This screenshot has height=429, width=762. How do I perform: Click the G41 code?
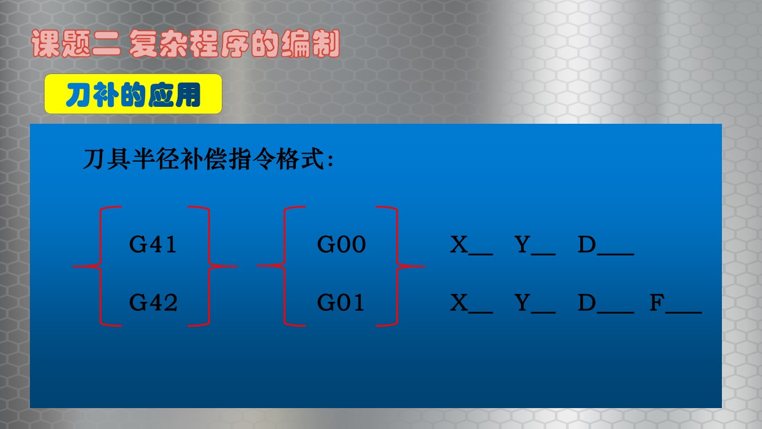(x=153, y=244)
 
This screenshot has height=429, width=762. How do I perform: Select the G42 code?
(x=154, y=302)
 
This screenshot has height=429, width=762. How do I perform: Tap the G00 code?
(x=341, y=244)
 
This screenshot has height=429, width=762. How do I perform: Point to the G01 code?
(x=340, y=302)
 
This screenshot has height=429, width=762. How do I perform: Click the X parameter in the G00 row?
(x=471, y=245)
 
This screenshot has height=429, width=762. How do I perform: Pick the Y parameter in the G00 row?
(x=535, y=245)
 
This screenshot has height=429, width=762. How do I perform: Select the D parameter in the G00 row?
(x=606, y=245)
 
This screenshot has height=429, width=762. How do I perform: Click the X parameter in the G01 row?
(x=471, y=303)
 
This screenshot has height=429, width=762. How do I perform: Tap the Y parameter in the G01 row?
(x=535, y=303)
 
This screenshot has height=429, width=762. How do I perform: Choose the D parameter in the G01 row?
(x=606, y=303)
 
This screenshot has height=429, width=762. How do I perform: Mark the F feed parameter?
(x=676, y=303)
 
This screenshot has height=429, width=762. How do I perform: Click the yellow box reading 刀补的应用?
(x=133, y=94)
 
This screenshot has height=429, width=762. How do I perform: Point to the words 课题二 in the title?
(x=76, y=44)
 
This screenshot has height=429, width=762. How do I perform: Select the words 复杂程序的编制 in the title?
(x=234, y=44)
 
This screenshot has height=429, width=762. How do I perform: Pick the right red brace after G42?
(x=208, y=266)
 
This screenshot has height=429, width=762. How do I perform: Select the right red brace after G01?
(x=396, y=266)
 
